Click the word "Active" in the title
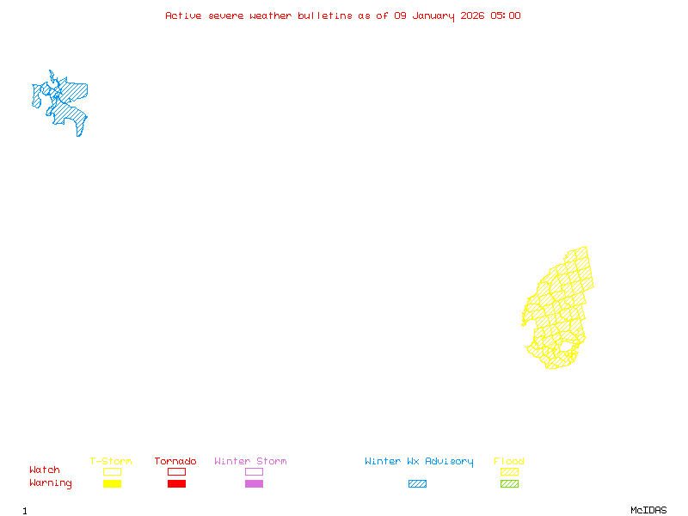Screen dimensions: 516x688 (x=184, y=15)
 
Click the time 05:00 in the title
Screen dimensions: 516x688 (x=507, y=15)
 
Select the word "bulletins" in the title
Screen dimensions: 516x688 (x=324, y=15)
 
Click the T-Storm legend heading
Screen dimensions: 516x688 (x=111, y=462)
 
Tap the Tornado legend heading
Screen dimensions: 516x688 (x=175, y=462)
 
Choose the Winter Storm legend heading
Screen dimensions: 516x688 (x=250, y=462)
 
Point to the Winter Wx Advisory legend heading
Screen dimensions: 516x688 (x=419, y=462)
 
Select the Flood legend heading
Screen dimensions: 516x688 (x=509, y=462)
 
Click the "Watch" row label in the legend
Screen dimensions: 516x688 (x=45, y=470)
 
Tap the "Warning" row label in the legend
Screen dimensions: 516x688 (x=51, y=483)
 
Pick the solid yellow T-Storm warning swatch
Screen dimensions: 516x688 (x=112, y=484)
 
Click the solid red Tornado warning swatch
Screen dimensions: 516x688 (x=176, y=484)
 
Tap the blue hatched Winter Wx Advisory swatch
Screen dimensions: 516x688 (x=417, y=484)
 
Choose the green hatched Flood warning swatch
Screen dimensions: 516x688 (x=509, y=484)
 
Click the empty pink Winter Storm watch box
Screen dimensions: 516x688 (x=254, y=472)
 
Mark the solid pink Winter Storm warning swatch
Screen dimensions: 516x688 (x=254, y=484)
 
